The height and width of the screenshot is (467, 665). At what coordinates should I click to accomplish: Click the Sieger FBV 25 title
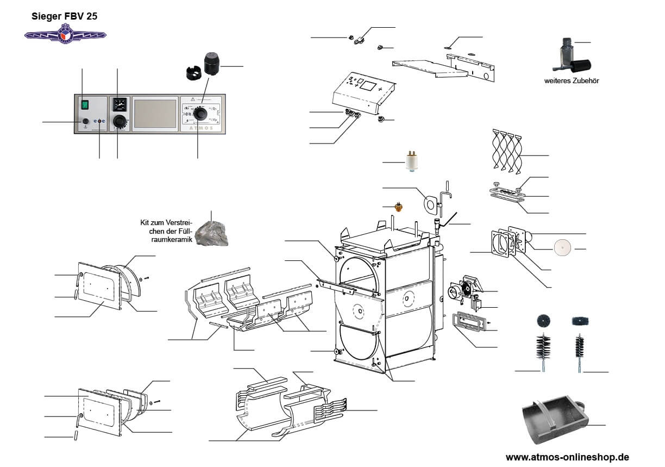(65, 16)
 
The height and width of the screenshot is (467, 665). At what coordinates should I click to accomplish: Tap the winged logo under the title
(65, 35)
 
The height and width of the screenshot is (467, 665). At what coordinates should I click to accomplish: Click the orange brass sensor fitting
(399, 207)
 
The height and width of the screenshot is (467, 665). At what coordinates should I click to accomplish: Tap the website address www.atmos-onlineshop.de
(567, 457)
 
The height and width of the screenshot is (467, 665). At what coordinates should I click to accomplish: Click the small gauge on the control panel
(119, 103)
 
